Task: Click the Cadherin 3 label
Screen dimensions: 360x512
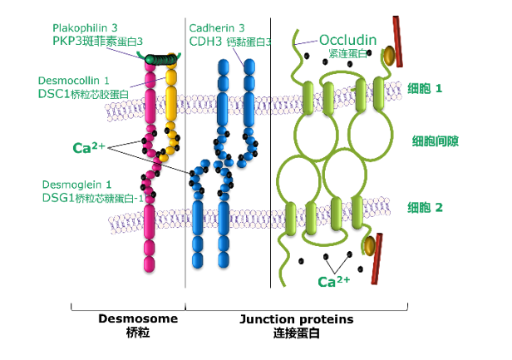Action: click(217, 28)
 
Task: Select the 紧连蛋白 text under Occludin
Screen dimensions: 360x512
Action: click(346, 53)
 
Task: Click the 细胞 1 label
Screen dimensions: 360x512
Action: click(425, 87)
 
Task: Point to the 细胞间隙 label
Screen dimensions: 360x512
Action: click(431, 140)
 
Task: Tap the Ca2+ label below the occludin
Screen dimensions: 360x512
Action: click(333, 281)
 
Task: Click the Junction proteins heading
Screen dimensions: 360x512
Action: click(296, 318)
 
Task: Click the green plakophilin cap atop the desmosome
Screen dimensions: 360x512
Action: click(161, 58)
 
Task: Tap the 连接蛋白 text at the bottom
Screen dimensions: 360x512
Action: click(296, 333)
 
